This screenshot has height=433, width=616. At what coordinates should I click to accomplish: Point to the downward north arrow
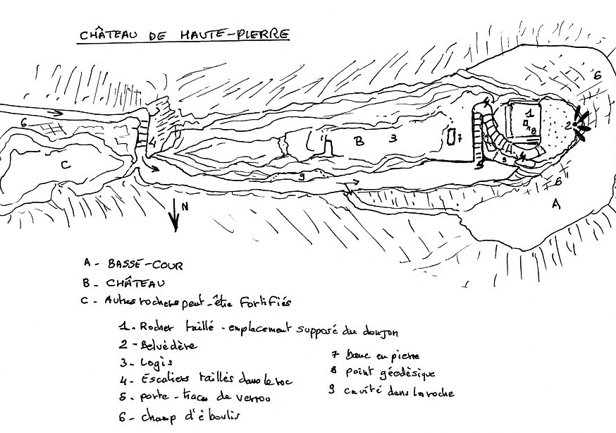click(173, 214)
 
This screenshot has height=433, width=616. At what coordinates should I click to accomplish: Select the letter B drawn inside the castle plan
click(358, 141)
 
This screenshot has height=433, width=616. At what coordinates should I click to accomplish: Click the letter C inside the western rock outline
click(65, 165)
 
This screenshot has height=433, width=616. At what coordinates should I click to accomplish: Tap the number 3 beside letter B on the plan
click(393, 139)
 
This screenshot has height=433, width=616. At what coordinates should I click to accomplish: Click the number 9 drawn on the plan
click(302, 177)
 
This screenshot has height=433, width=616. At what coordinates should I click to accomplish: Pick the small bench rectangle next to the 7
click(452, 137)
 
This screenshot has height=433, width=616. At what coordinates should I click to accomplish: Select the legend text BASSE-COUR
click(145, 265)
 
